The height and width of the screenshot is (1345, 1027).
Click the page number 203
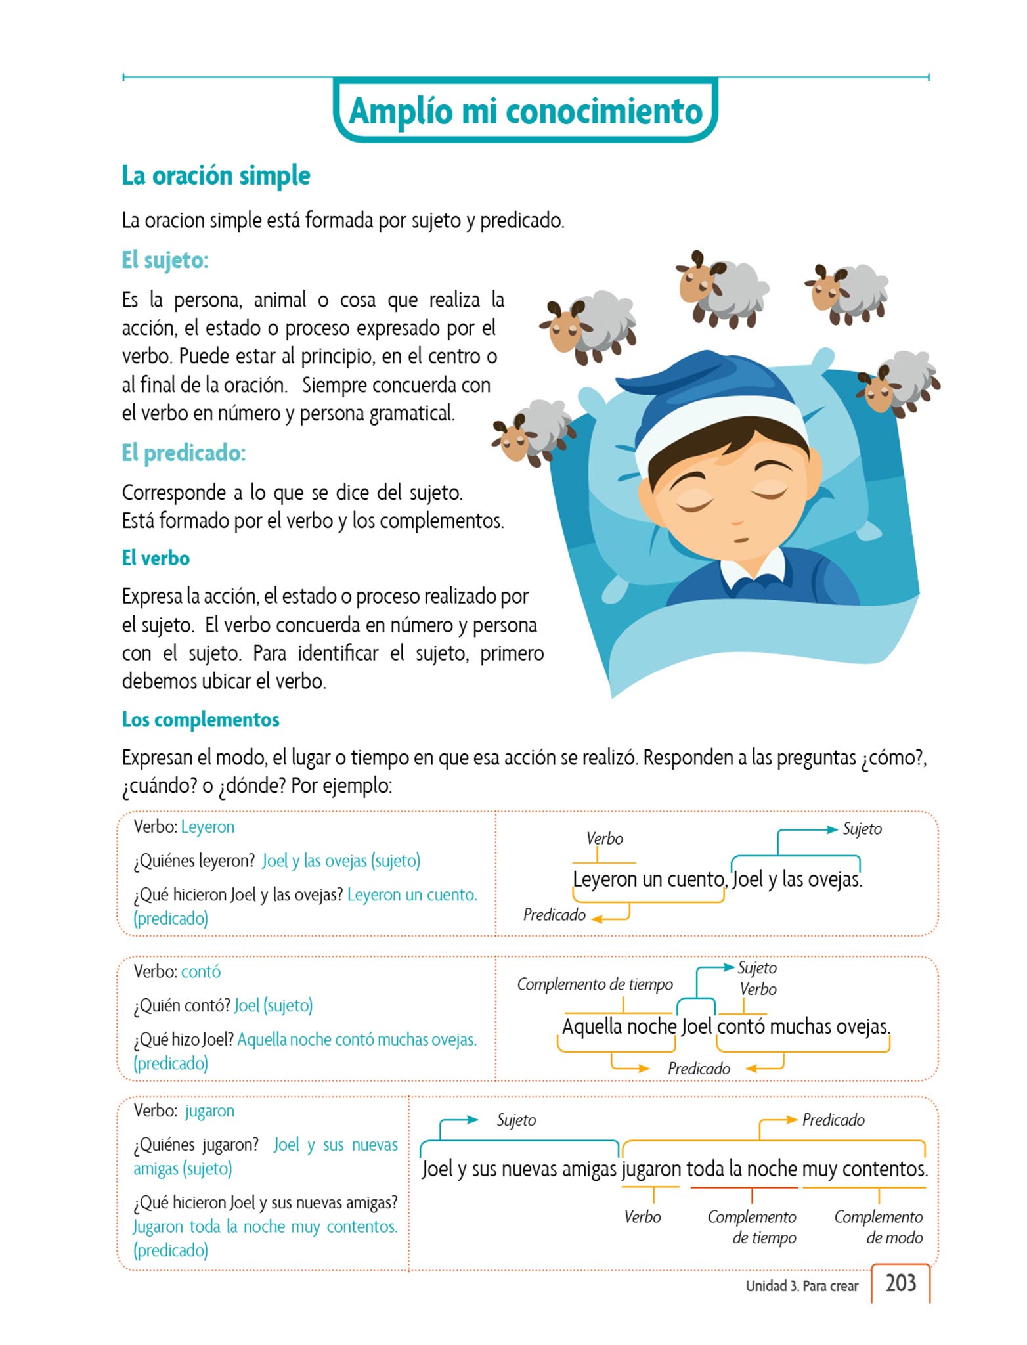[900, 1283]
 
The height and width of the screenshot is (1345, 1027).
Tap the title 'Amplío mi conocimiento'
[525, 111]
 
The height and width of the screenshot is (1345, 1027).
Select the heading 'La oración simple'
[216, 176]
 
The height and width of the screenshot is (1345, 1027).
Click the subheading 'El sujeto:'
[165, 260]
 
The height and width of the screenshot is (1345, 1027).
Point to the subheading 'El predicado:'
[184, 452]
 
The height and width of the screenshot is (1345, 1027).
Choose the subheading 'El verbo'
[156, 558]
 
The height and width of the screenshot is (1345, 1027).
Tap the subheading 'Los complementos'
[200, 720]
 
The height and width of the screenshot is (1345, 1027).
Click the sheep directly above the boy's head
[722, 289]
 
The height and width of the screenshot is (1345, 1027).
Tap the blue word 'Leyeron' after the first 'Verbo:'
[208, 827]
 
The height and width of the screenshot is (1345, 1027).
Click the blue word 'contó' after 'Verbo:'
[201, 971]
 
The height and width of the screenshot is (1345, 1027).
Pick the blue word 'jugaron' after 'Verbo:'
[209, 1111]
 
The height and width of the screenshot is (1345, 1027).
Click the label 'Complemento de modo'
[879, 1227]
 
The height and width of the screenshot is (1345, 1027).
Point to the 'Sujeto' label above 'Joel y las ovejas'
[862, 829]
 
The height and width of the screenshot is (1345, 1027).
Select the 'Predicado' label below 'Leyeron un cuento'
[554, 915]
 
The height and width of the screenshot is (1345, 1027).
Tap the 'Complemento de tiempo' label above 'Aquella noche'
[595, 984]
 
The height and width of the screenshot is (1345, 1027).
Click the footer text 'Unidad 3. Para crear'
[802, 1286]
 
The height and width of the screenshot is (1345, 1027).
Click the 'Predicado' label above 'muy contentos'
[833, 1120]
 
